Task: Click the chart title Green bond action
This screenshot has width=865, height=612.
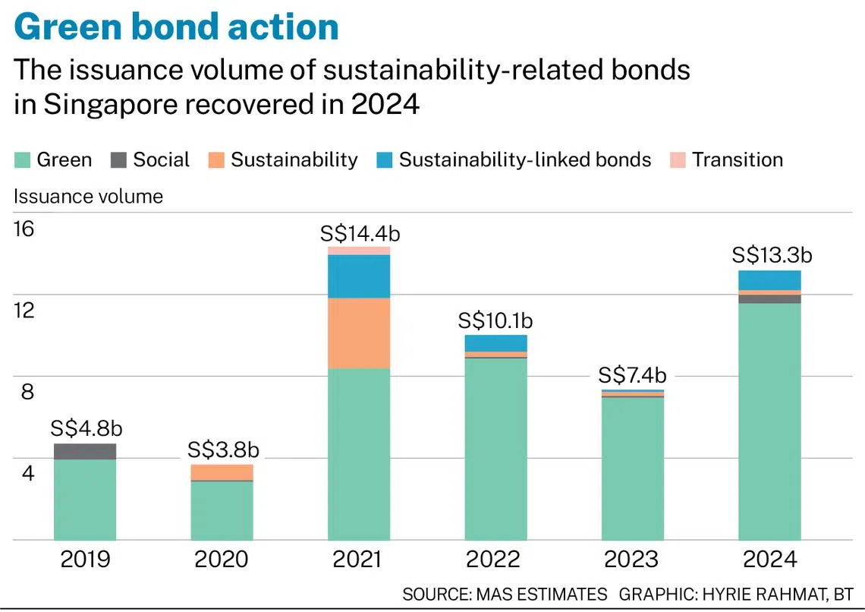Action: coord(176,27)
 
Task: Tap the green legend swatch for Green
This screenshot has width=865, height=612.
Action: coord(22,160)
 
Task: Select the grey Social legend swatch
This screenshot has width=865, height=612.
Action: coord(118,160)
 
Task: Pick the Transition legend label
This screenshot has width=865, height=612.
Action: coord(738,159)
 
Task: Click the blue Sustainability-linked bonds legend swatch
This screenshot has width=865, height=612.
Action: coord(385,160)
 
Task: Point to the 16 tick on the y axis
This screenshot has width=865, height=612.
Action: coord(24,229)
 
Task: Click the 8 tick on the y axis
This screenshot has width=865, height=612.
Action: coord(27,392)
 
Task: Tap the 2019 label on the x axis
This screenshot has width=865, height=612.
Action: coord(85,559)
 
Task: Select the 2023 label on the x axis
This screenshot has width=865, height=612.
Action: coord(631,559)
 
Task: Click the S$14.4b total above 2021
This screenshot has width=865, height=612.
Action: coord(360,234)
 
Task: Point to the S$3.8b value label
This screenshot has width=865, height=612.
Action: coord(223,450)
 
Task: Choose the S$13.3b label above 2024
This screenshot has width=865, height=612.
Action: coord(772,255)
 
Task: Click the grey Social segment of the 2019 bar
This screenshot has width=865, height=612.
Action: coord(85,452)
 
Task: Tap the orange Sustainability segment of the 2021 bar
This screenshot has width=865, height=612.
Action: coord(359,333)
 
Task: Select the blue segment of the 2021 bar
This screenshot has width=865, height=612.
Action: coord(359,276)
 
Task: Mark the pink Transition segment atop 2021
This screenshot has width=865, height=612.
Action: coord(359,251)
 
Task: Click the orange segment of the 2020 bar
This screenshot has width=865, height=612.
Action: coord(222,472)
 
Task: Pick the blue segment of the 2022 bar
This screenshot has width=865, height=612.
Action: coord(496,343)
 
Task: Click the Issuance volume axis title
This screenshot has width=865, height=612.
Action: coord(88,197)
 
